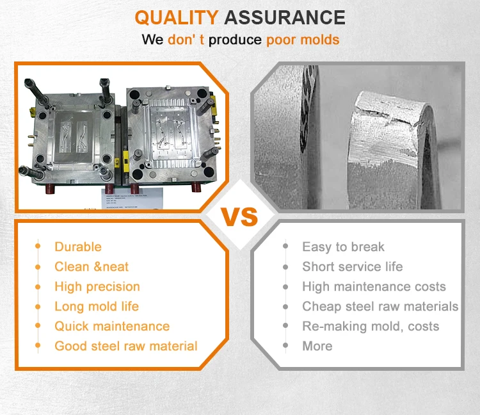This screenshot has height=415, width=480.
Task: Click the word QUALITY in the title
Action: coord(176,17)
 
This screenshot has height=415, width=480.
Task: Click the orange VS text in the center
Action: coord(239,216)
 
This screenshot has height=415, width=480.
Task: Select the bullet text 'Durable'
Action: coord(78,247)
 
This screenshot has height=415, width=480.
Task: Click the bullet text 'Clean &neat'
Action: coord(92,266)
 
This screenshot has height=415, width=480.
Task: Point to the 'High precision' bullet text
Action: coord(97,286)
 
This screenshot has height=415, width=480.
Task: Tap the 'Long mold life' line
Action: coord(97,306)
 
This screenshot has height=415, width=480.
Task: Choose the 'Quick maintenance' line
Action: coord(112,326)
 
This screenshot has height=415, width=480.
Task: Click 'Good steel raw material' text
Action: coord(126,346)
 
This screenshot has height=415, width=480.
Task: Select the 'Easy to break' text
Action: coord(343,247)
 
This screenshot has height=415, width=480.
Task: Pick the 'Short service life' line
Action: coord(353,266)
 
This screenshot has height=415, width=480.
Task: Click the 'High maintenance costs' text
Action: coord(374,286)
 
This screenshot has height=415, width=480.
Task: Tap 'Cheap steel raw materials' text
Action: coord(380,306)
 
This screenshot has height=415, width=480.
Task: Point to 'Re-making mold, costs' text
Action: coord(371,326)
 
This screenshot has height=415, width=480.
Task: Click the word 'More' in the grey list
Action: coord(317,346)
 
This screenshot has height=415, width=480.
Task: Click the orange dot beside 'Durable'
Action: coord(38,247)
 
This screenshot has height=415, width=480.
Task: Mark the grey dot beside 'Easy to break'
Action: coord(285,247)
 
